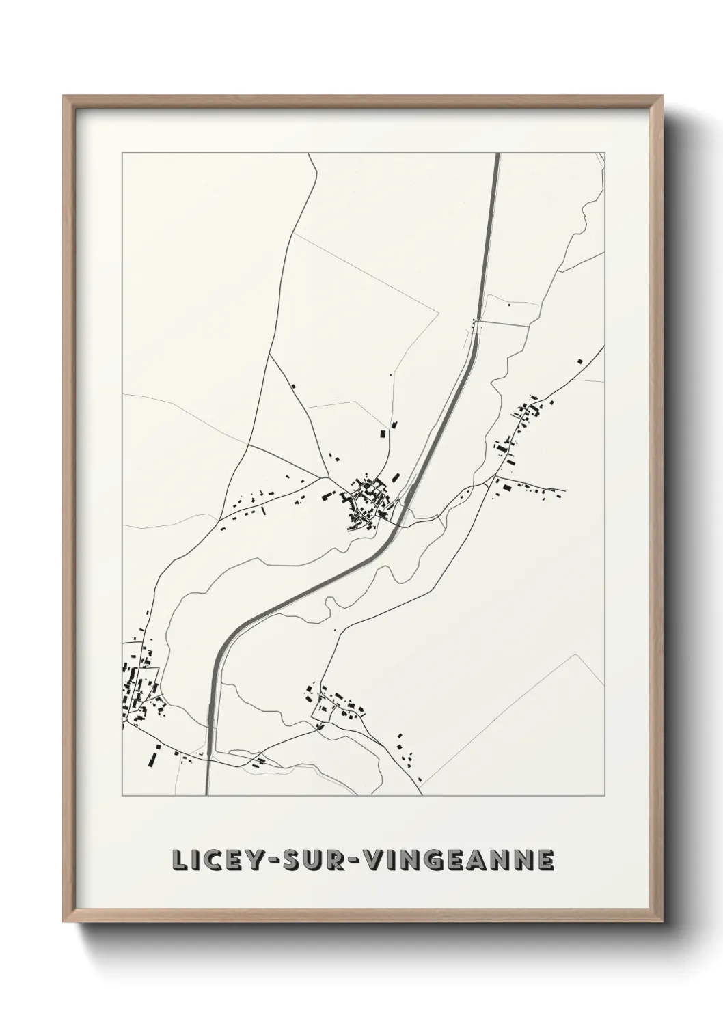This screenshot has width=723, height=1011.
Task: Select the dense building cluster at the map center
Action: [x=367, y=502]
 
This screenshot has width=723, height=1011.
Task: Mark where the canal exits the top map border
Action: [x=497, y=154]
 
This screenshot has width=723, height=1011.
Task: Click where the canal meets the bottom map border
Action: [x=208, y=794]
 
